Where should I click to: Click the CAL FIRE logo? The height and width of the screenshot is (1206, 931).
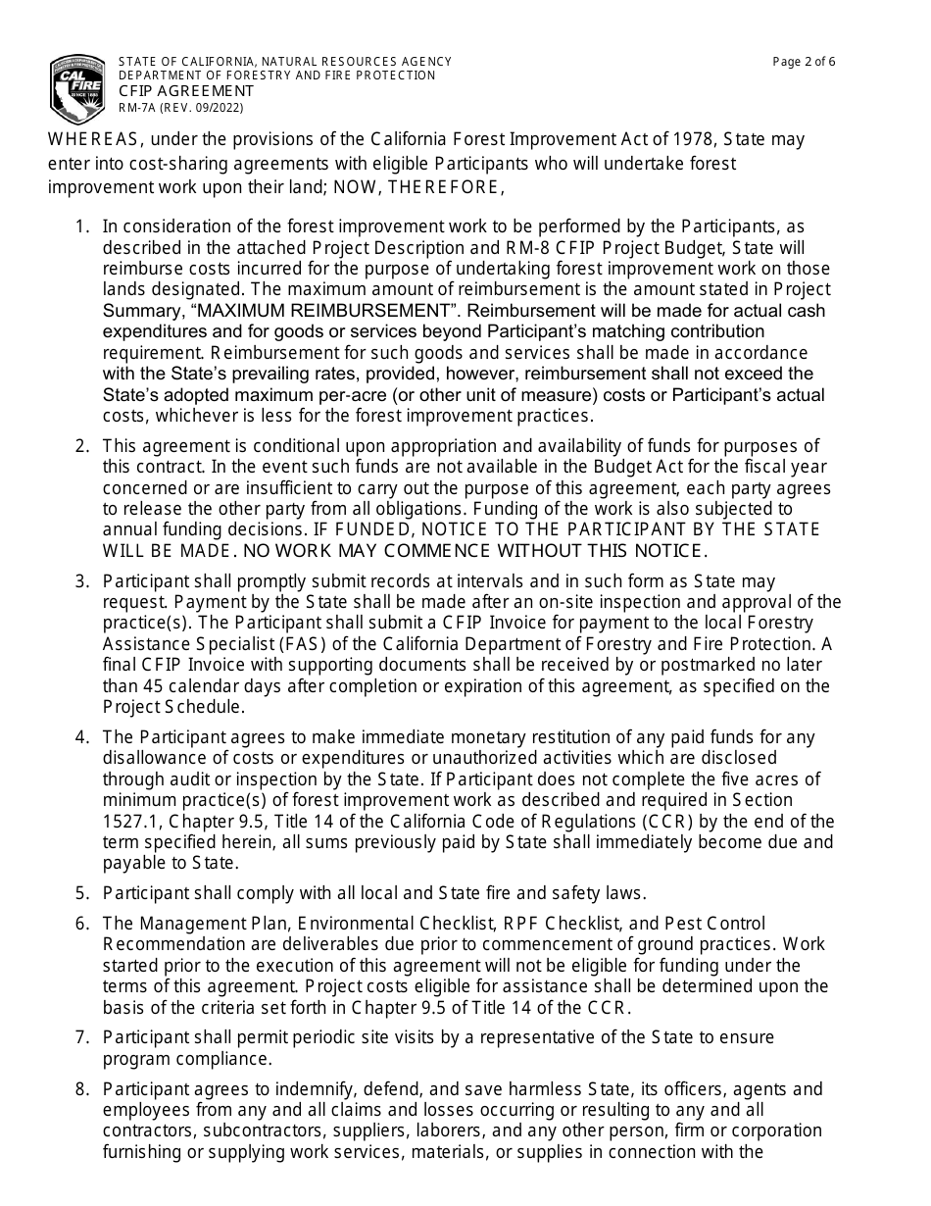(77, 87)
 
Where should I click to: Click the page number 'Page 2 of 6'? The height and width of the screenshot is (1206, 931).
(804, 62)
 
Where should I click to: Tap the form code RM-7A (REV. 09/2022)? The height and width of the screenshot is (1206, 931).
(181, 108)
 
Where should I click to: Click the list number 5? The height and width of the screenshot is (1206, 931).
(82, 893)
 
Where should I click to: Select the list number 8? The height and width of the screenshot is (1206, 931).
(82, 1089)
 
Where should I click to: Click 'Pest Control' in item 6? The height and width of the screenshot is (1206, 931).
(715, 924)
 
